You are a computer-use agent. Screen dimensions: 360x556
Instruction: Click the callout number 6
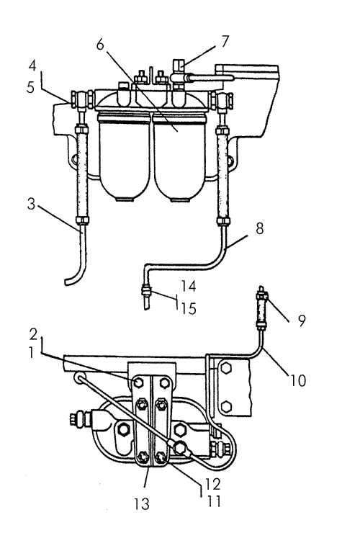point(100,45)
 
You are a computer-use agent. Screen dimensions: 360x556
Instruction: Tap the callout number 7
point(225,41)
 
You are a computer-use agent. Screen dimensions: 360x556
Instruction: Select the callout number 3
point(32,205)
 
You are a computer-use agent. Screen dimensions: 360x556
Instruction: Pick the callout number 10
point(298,380)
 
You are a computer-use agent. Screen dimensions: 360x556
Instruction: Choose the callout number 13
point(142,504)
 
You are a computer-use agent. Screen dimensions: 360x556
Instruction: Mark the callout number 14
point(189,286)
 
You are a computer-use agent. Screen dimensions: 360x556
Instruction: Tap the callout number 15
point(189,308)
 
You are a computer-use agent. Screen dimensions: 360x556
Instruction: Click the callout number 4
point(32,66)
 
